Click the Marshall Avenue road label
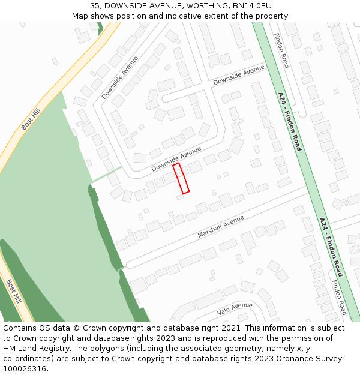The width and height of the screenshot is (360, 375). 221,226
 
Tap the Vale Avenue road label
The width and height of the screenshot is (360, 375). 235,308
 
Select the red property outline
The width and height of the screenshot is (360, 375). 181,178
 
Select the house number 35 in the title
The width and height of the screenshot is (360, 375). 95,5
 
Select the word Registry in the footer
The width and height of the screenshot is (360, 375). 55,349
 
